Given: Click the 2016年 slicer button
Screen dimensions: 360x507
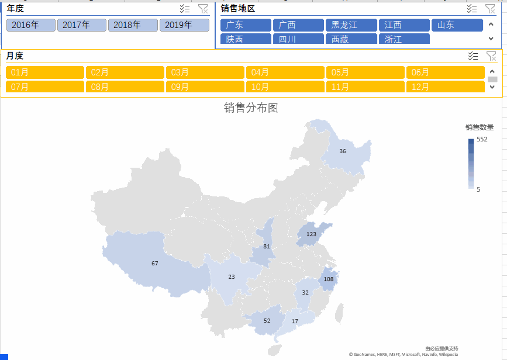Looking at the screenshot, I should click(x=31, y=25).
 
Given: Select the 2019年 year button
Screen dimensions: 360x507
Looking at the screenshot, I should click(x=184, y=25).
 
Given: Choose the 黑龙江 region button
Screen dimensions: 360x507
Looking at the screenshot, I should click(x=351, y=25).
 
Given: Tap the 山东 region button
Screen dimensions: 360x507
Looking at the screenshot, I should click(x=457, y=25).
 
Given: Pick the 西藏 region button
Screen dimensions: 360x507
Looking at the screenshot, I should click(x=351, y=39).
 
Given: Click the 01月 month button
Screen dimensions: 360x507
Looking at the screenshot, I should click(x=45, y=72).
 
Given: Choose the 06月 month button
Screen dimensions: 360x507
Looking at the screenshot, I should click(x=445, y=72).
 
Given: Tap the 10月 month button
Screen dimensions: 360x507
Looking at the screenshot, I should click(x=285, y=86).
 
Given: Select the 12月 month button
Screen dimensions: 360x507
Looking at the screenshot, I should click(x=445, y=86).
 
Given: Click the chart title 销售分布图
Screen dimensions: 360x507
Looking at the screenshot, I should click(x=251, y=108).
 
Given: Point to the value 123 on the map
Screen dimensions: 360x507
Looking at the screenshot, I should click(x=311, y=234).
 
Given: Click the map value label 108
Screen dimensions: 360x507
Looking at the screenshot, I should click(x=329, y=279).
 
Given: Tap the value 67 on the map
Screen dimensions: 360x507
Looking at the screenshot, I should click(x=155, y=264).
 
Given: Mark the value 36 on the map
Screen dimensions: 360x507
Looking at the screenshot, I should click(x=343, y=151).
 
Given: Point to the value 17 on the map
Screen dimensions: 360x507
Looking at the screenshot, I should click(x=295, y=321).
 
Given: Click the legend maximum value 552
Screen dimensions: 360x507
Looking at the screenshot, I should click(x=482, y=140).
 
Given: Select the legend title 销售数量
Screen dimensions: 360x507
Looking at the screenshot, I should click(x=480, y=127).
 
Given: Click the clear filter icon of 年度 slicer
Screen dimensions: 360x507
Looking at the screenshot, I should click(x=203, y=9).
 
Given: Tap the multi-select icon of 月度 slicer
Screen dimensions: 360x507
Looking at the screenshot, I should click(x=474, y=56).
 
